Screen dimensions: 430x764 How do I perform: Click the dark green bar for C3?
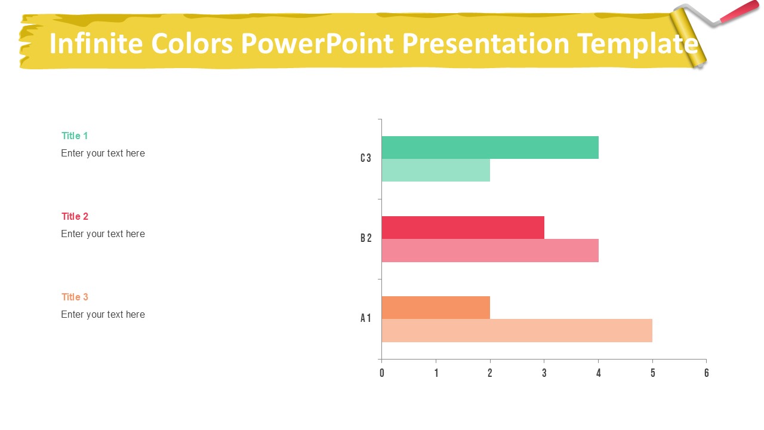(x=489, y=148)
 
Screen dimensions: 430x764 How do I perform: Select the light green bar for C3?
(x=436, y=170)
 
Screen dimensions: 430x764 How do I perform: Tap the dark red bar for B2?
(x=463, y=228)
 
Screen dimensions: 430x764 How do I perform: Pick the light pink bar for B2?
(x=489, y=250)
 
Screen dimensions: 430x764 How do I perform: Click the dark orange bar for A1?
(x=436, y=308)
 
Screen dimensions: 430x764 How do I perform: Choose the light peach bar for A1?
(x=517, y=330)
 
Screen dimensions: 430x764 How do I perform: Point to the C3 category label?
(x=366, y=158)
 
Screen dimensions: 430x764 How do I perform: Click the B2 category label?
(x=366, y=238)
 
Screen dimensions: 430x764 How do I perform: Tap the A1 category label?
(x=366, y=318)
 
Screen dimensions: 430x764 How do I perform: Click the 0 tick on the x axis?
(x=382, y=373)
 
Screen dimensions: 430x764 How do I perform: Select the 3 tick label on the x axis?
(x=544, y=373)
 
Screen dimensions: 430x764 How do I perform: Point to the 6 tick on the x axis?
(x=706, y=373)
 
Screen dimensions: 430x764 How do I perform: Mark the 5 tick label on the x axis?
(x=652, y=373)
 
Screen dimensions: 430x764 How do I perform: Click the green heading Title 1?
(x=75, y=136)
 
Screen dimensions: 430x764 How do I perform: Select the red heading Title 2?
(x=75, y=216)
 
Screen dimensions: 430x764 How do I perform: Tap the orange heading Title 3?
(x=75, y=297)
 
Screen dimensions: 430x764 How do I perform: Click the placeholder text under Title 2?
(x=103, y=234)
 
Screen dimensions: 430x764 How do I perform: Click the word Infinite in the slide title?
(x=95, y=44)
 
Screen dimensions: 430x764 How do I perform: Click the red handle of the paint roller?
(x=740, y=13)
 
